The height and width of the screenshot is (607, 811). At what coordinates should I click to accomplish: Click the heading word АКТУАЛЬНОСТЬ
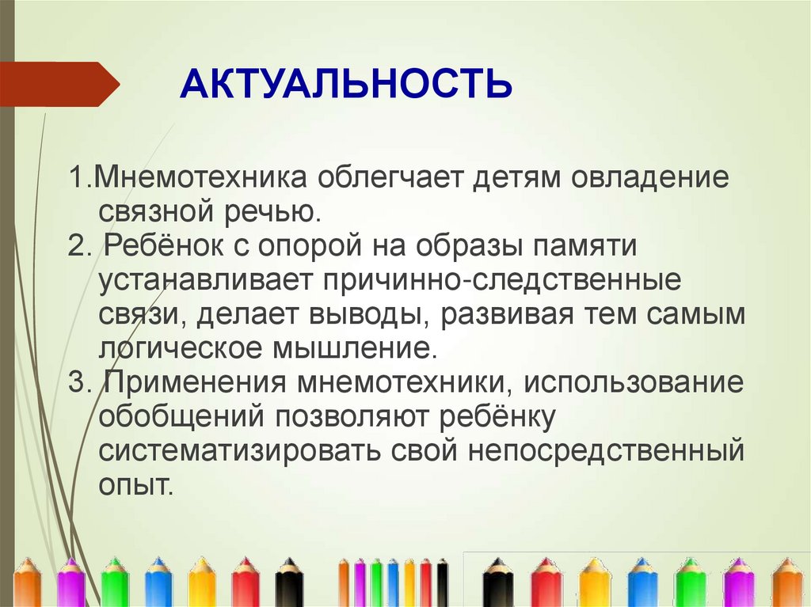pyautogui.click(x=345, y=84)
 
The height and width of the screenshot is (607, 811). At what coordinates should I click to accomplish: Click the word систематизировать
pyautogui.click(x=238, y=451)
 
